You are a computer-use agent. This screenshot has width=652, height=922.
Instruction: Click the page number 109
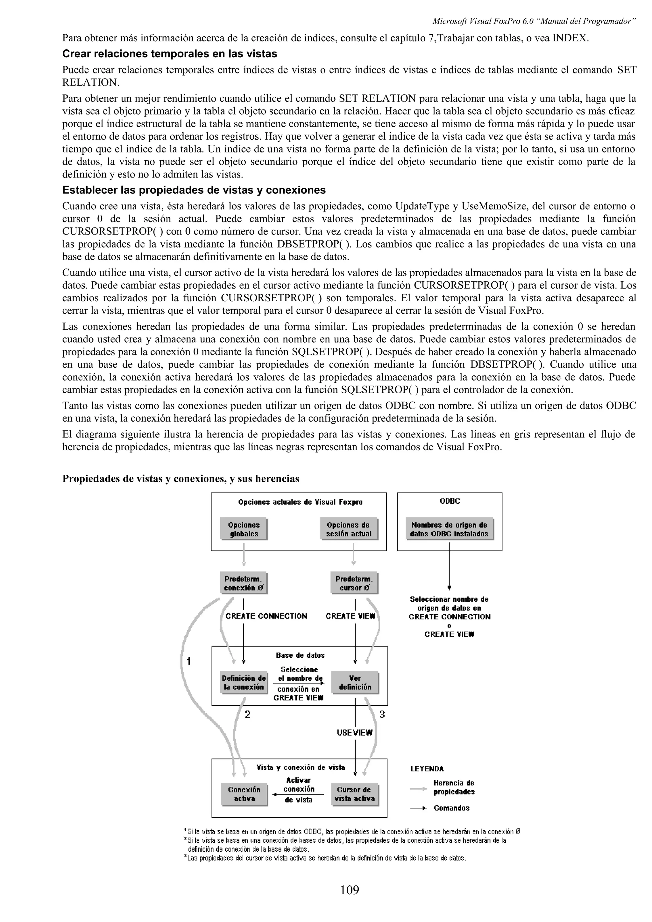(x=349, y=890)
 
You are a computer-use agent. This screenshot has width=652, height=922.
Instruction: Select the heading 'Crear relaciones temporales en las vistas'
(x=170, y=54)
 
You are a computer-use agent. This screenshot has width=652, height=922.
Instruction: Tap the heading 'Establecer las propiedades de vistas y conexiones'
(x=194, y=190)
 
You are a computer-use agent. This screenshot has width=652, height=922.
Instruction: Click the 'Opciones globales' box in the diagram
(x=244, y=529)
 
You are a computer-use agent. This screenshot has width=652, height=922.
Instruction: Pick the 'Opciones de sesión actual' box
(x=349, y=529)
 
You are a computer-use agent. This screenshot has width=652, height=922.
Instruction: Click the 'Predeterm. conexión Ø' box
(x=244, y=583)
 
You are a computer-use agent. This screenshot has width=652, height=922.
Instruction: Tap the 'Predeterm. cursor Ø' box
(x=354, y=583)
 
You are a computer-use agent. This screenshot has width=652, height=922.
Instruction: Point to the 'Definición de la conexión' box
(x=244, y=682)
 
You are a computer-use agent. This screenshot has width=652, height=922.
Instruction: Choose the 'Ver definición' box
(x=355, y=682)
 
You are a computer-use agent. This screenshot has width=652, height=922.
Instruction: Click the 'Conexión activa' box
(x=244, y=794)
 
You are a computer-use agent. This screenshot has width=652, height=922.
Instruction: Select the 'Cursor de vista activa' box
(x=354, y=794)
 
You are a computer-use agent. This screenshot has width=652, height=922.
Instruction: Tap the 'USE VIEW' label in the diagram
(x=354, y=732)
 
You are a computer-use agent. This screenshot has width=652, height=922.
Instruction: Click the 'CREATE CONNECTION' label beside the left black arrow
(x=266, y=616)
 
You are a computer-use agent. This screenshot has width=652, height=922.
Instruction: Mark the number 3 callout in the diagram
(x=382, y=714)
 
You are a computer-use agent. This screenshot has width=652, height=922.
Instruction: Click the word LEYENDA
(x=427, y=769)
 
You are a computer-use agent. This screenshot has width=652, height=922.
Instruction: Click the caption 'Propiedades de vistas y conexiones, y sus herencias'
(x=181, y=479)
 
